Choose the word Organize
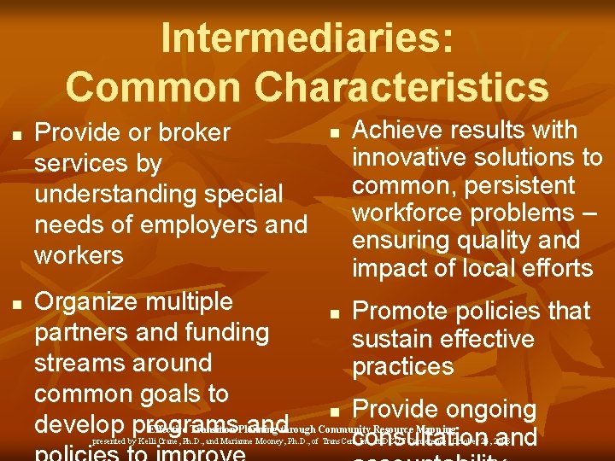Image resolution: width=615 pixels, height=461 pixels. (x=87, y=301)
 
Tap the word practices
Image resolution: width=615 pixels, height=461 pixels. (x=402, y=367)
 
